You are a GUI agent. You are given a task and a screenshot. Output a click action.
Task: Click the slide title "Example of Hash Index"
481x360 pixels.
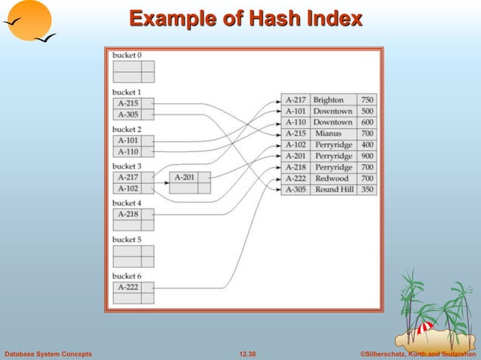point(245,19)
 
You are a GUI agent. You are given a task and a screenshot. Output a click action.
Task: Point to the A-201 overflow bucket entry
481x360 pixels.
point(183,178)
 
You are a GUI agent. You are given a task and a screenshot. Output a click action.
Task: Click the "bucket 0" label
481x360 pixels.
point(127,55)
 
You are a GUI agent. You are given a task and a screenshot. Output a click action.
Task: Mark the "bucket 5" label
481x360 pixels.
point(127,239)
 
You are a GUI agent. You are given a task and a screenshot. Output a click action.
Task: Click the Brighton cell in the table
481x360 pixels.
point(328,99)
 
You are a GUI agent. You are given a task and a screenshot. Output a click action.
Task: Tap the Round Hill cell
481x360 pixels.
point(332,190)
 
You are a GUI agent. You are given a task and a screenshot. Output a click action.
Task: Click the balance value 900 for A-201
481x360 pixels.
point(367,156)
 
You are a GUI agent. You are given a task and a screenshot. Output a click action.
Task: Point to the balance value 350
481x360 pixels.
point(367,190)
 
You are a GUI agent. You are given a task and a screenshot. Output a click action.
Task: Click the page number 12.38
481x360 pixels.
point(247,353)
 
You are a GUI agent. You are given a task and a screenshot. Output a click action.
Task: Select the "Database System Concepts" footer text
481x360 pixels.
point(48,353)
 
